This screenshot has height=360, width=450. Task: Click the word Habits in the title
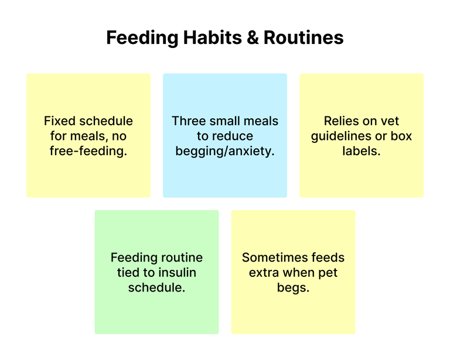pyautogui.click(x=212, y=37)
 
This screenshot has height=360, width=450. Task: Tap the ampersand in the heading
pyautogui.click(x=253, y=37)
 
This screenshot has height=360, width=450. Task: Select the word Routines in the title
pyautogui.click(x=304, y=37)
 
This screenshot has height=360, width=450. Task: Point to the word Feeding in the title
pyautogui.click(x=142, y=38)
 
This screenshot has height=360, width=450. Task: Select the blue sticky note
pyautogui.click(x=225, y=136)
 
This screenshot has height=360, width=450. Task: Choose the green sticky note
pyautogui.click(x=156, y=272)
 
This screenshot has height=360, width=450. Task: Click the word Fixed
pyautogui.click(x=60, y=121)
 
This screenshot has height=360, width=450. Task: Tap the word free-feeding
pyautogui.click(x=88, y=151)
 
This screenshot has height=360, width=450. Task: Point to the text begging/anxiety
pyautogui.click(x=225, y=152)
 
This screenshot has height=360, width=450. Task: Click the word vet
pyautogui.click(x=390, y=121)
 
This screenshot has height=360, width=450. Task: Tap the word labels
pyautogui.click(x=362, y=151)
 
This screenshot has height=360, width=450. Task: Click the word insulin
pyautogui.click(x=178, y=272)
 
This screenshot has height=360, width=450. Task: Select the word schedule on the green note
pyautogui.click(x=156, y=287)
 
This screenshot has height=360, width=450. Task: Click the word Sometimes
pyautogui.click(x=275, y=258)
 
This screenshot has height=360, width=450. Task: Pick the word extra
pyautogui.click(x=264, y=273)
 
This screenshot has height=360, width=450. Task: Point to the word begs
pyautogui.click(x=294, y=288)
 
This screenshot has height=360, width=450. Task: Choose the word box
pyautogui.click(x=401, y=136)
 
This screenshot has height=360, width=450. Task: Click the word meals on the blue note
pyautogui.click(x=260, y=121)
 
